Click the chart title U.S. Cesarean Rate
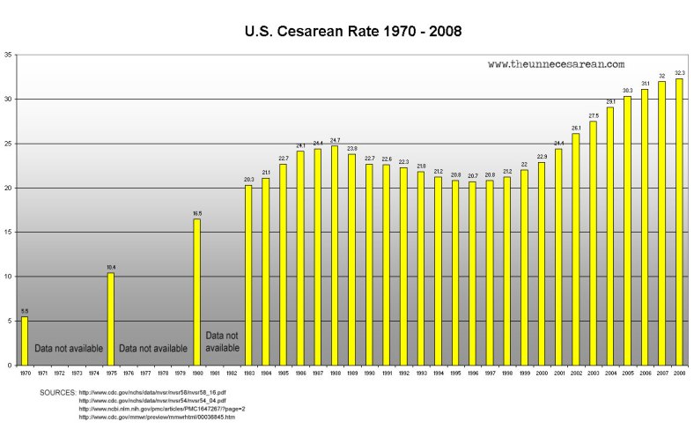tap(352, 32)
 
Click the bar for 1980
tap(197, 292)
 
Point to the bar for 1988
tap(335, 255)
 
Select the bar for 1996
tap(472, 273)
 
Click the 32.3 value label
tap(679, 72)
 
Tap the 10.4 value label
tap(111, 267)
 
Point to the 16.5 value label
tap(197, 213)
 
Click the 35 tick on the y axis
tap(8, 55)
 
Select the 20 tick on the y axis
tap(8, 188)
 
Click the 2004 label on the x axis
tap(610, 374)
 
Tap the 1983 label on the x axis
tap(248, 374)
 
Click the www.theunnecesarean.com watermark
tap(556, 64)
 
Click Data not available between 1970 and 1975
tap(69, 349)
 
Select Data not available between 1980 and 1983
tap(222, 342)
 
